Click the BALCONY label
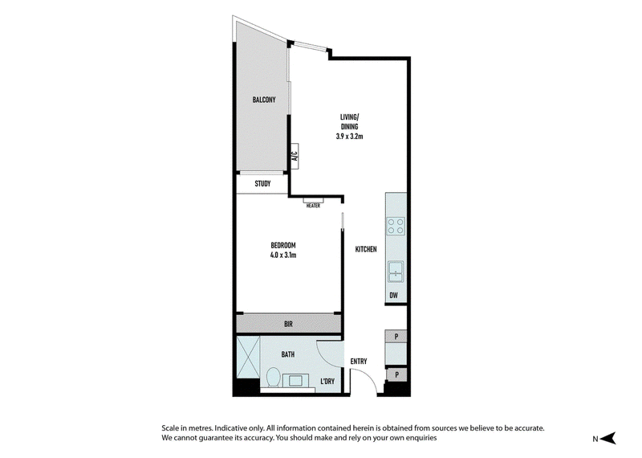[264, 100]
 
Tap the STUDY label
[262, 184]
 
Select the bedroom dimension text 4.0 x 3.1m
[283, 255]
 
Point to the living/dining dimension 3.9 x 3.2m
[349, 137]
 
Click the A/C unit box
[295, 156]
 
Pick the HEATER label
[313, 206]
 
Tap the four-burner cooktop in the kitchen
[396, 226]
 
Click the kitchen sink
[396, 272]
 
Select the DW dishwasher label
[393, 295]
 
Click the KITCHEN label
[366, 249]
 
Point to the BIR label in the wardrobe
[288, 325]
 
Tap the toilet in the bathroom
[273, 377]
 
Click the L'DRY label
[327, 382]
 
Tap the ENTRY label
[359, 362]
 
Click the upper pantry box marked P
[396, 337]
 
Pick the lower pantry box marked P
[396, 374]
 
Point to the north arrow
[610, 438]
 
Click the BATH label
[288, 354]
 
